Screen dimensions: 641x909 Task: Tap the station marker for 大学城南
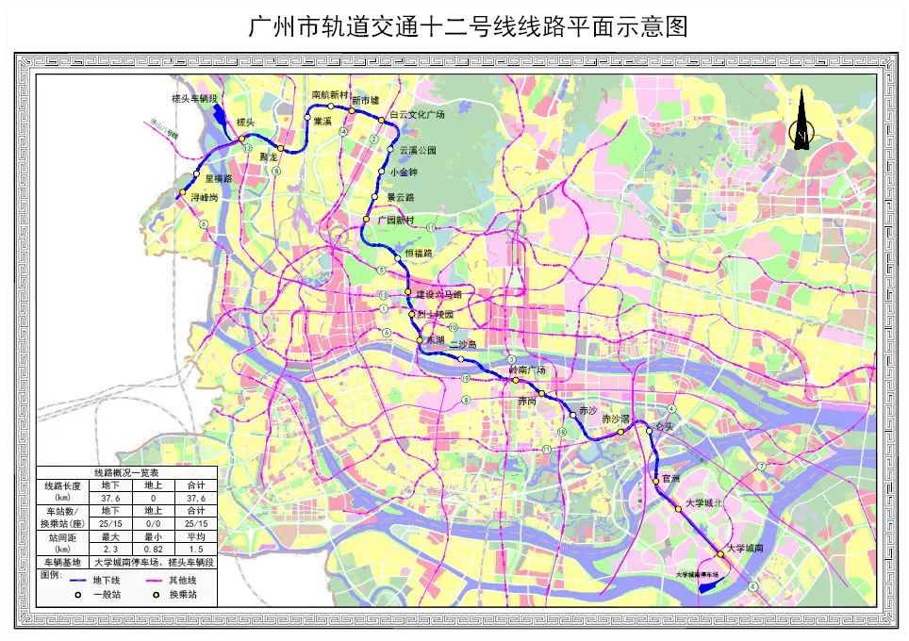(x=719, y=552)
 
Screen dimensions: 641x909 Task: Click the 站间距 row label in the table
(x=62, y=543)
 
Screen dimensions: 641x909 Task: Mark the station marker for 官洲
(x=656, y=483)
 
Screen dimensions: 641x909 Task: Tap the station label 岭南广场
(x=527, y=370)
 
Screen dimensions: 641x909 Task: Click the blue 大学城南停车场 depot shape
(x=708, y=584)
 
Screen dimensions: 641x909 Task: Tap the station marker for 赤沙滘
(x=620, y=433)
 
